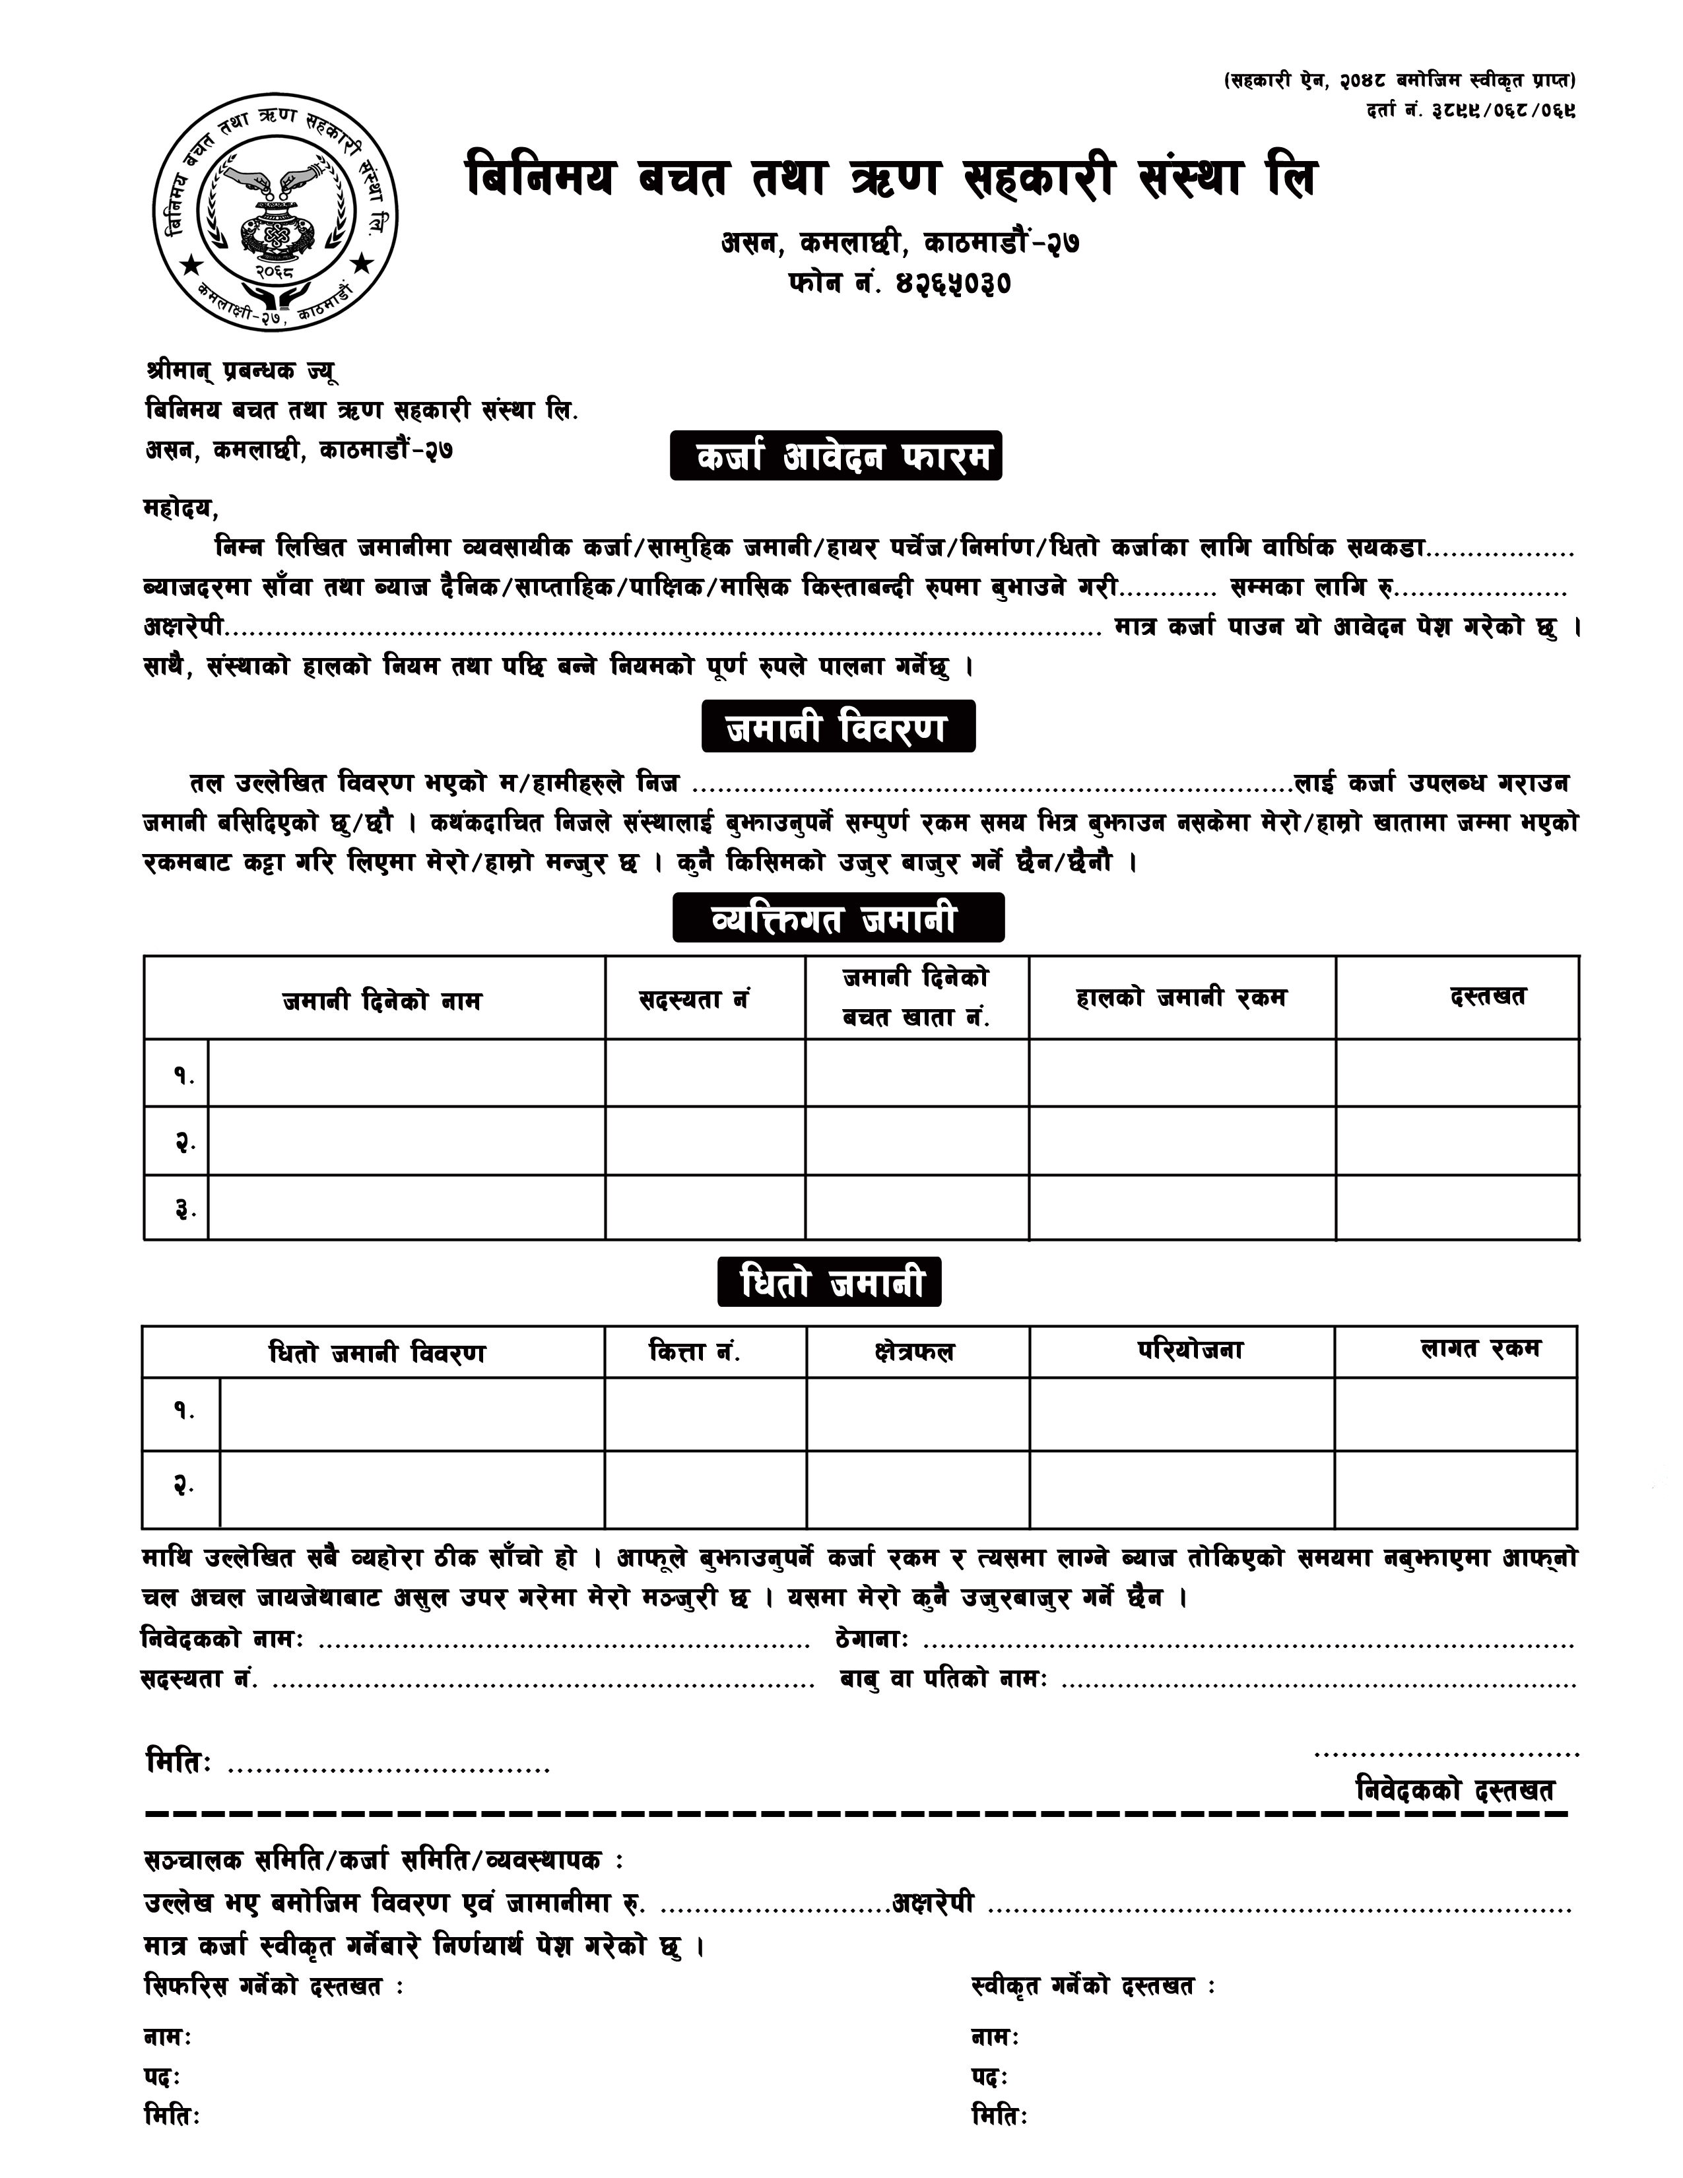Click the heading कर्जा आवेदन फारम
836,456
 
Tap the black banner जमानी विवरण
838,727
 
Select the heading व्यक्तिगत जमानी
838,917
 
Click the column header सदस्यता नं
695,998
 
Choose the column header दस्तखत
1488,996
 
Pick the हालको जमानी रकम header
1181,997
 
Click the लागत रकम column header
1480,1349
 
